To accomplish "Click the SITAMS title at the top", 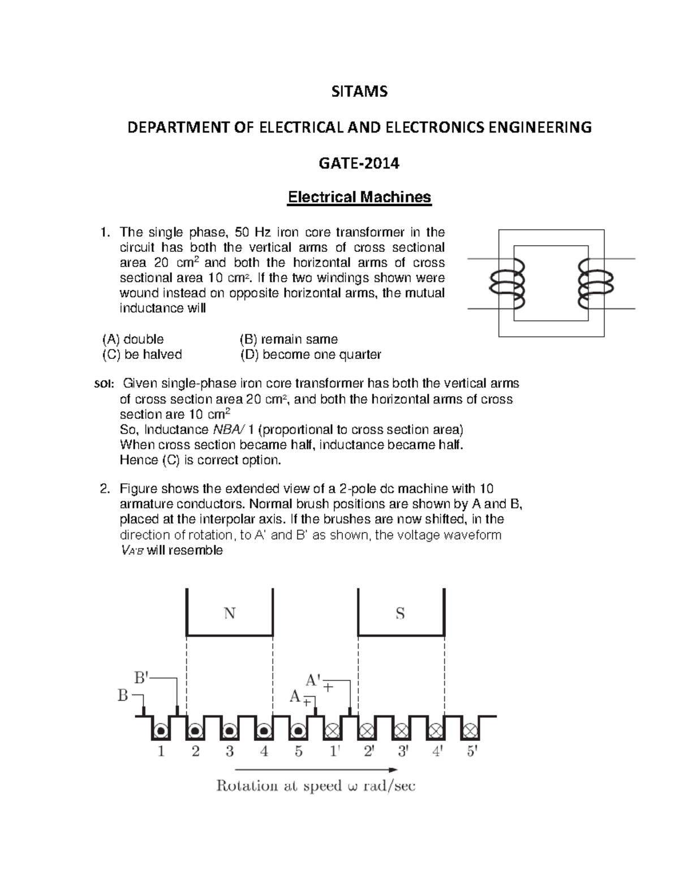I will coord(359,92).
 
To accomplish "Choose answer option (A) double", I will coord(133,339).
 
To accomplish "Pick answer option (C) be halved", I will coord(142,354).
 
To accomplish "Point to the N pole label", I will coord(229,614).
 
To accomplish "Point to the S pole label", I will coord(400,614).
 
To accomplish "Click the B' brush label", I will coord(142,677).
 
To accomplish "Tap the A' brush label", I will coord(313,679).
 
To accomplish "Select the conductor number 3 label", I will coord(230,752).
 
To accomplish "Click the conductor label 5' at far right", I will coord(471,752).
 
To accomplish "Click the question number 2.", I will coord(104,489).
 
